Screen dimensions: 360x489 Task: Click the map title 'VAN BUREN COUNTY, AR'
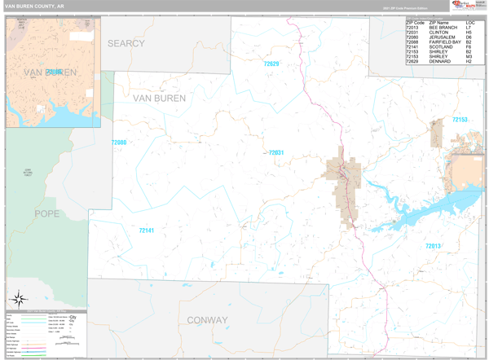pos(35,6)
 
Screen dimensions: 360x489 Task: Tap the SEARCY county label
pos(126,43)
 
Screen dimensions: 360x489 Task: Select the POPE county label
pos(46,213)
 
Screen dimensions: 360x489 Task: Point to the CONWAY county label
pos(207,320)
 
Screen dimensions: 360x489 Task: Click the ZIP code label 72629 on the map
pos(271,64)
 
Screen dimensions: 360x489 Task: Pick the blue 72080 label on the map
pos(119,143)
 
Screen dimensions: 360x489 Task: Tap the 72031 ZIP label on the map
pos(276,152)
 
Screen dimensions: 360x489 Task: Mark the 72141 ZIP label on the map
pos(146,230)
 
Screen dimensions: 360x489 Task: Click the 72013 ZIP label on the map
pos(433,246)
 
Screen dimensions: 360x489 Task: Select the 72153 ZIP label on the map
pos(460,120)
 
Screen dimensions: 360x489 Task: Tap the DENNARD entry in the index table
pos(440,61)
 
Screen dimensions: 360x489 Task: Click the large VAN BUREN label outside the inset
pos(159,98)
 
